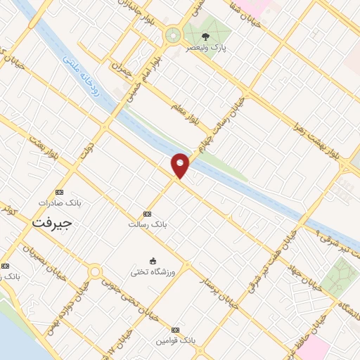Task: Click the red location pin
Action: click(x=181, y=165)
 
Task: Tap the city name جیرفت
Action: click(x=53, y=221)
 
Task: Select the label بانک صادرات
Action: click(x=60, y=202)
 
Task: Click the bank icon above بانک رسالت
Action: click(x=147, y=214)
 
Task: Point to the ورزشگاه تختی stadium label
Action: click(x=153, y=271)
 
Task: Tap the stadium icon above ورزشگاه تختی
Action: click(x=153, y=261)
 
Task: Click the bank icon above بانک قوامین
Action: click(x=175, y=329)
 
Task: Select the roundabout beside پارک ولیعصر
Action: click(x=173, y=34)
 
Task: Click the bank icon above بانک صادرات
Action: click(x=59, y=192)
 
